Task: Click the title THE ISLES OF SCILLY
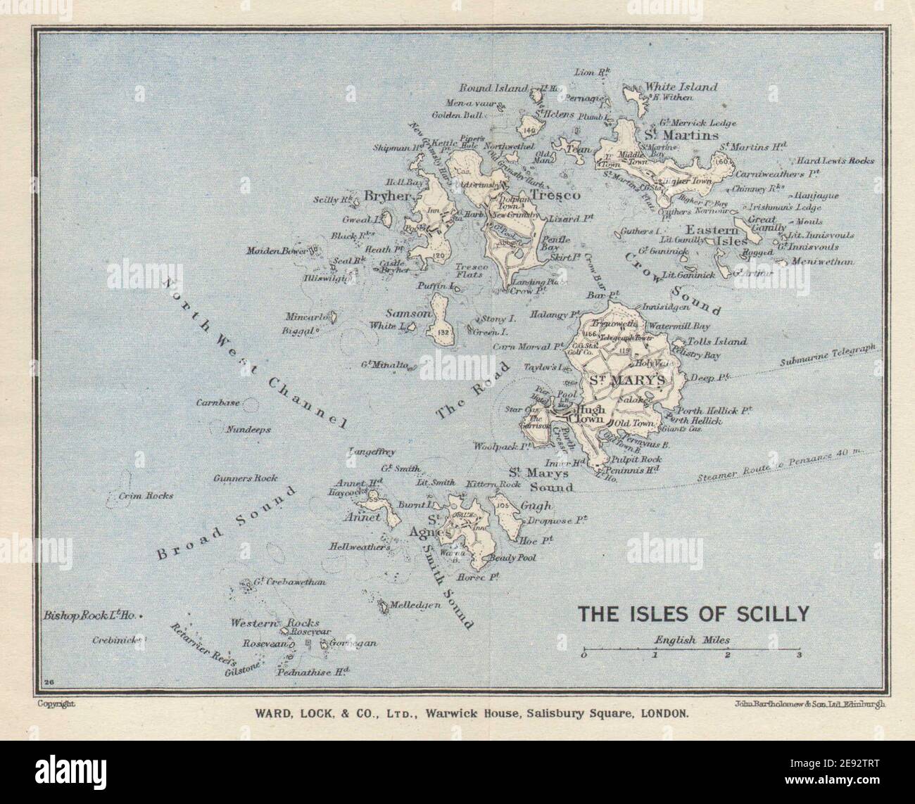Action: click(693, 614)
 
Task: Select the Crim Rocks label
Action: click(146, 495)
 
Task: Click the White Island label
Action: click(681, 87)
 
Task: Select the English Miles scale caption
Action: click(691, 640)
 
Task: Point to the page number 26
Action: click(49, 681)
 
